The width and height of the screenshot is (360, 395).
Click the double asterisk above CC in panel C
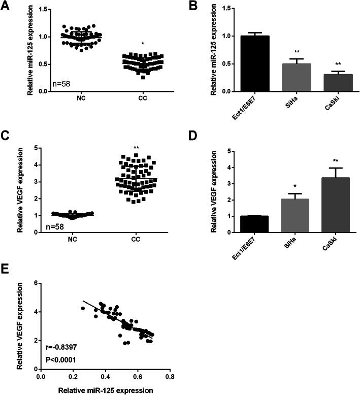click(136, 148)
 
